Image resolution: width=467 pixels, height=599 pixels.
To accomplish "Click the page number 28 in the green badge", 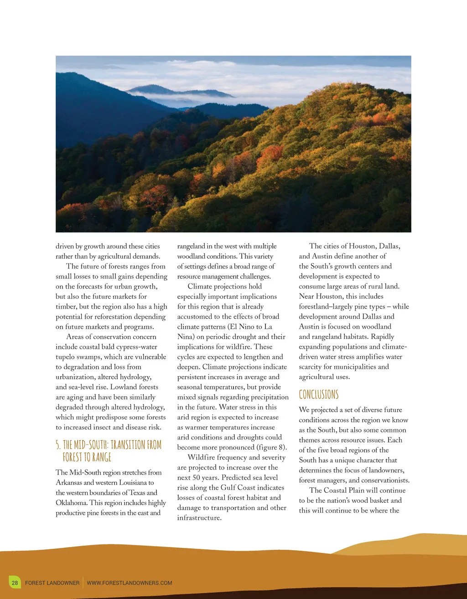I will (x=15, y=583).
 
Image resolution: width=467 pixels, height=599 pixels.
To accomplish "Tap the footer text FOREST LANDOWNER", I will (x=52, y=583).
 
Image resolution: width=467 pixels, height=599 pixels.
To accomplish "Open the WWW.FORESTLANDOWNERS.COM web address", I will (x=130, y=583).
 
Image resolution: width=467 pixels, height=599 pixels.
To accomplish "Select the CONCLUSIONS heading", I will (x=319, y=394).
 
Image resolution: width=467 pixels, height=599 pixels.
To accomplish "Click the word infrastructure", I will (x=199, y=517).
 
